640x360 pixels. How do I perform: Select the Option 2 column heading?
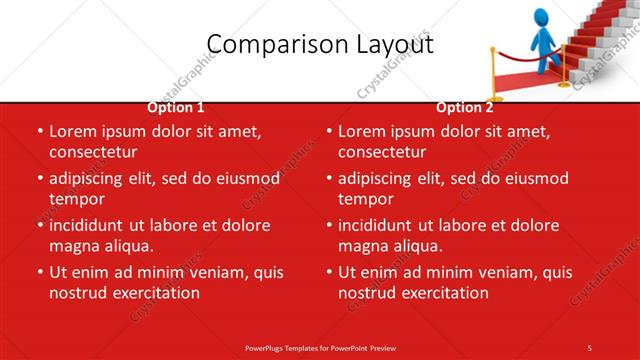(x=464, y=108)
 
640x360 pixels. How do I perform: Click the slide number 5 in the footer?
(x=589, y=347)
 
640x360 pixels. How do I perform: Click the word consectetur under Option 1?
(x=93, y=153)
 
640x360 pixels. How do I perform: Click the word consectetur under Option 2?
(x=382, y=153)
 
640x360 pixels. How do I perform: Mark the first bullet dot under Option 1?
(x=39, y=132)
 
